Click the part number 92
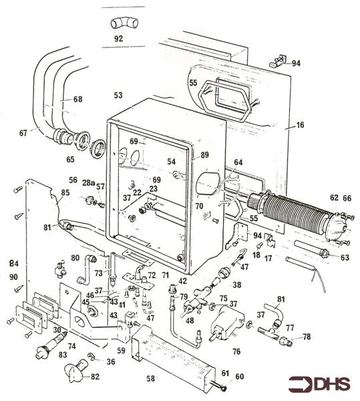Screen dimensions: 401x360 point(118,39)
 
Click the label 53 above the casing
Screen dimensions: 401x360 point(118,96)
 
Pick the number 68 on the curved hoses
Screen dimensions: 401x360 point(78,99)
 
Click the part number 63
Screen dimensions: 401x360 point(344,257)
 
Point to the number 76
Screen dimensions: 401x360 point(235,352)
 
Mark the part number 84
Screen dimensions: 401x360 point(14,263)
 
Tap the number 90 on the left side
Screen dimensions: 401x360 point(14,277)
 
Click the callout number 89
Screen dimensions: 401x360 point(204,155)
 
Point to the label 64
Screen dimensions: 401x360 point(238,162)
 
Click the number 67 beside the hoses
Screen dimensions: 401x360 point(23,133)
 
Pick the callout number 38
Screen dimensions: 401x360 point(236,285)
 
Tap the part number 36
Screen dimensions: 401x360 point(111,362)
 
